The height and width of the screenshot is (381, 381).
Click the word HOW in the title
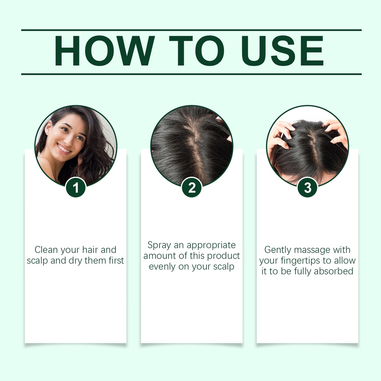(x=105, y=51)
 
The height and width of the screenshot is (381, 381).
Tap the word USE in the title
(x=283, y=51)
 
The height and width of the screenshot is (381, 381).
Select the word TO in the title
(x=196, y=51)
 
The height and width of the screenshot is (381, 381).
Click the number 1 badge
(x=76, y=188)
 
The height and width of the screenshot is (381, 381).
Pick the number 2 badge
(x=192, y=188)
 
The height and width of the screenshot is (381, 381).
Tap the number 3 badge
(x=307, y=188)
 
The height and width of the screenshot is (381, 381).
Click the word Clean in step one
(x=46, y=250)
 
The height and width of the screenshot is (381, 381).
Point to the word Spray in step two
(x=159, y=246)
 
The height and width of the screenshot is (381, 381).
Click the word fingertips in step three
(x=300, y=261)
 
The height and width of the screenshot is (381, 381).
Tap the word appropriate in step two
(x=211, y=246)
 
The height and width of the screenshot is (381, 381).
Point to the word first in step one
(x=116, y=260)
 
